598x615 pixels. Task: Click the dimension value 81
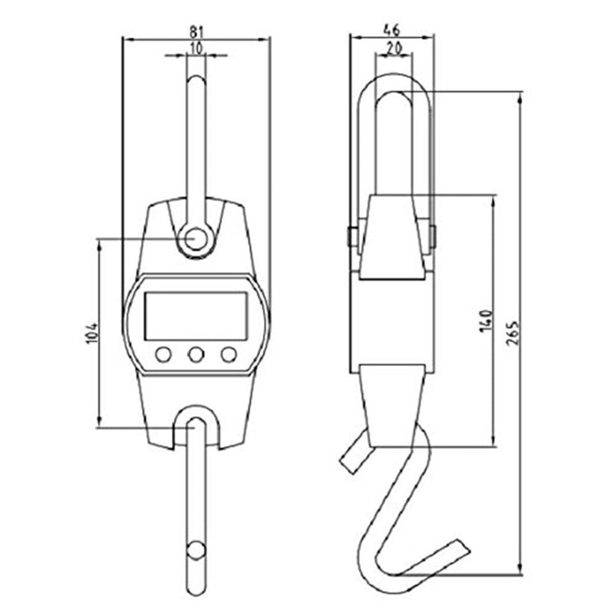pyautogui.click(x=196, y=31)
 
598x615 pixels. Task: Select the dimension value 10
pyautogui.click(x=196, y=48)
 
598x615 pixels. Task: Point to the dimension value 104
pyautogui.click(x=91, y=333)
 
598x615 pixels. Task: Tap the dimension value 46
pyautogui.click(x=391, y=30)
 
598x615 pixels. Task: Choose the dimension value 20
pyautogui.click(x=394, y=48)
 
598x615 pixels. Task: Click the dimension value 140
pyautogui.click(x=486, y=321)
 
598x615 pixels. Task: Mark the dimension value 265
pyautogui.click(x=513, y=333)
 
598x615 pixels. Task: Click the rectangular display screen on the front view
pyautogui.click(x=196, y=316)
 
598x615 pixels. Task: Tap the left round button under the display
pyautogui.click(x=163, y=355)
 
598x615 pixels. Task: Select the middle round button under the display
pyautogui.click(x=196, y=355)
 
